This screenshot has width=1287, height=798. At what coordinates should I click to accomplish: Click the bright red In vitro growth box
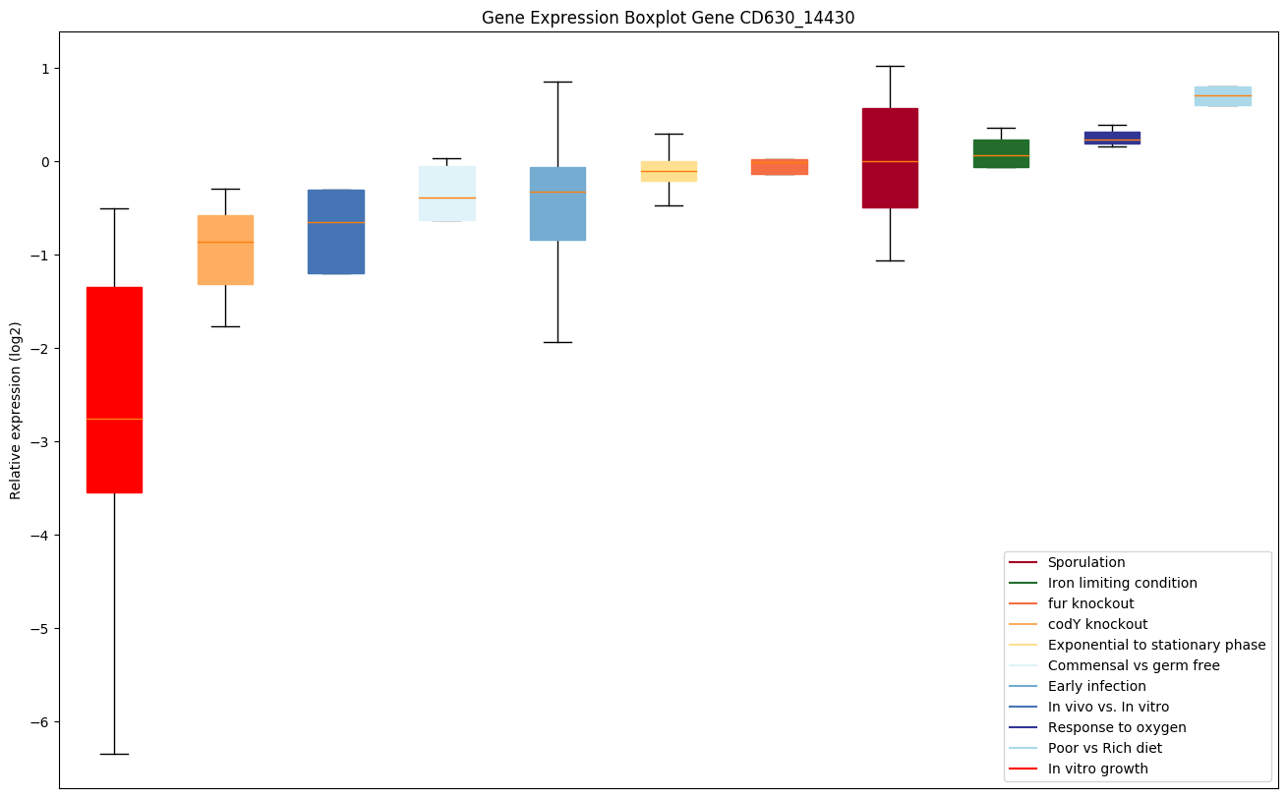(114, 389)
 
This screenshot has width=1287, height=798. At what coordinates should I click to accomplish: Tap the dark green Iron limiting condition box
(1001, 153)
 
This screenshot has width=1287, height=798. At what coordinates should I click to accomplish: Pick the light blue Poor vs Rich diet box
(1222, 95)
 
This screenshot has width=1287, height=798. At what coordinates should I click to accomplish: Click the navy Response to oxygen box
(1112, 138)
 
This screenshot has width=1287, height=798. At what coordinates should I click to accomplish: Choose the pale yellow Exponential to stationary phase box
(669, 171)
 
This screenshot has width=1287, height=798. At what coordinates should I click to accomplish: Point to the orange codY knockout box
(225, 250)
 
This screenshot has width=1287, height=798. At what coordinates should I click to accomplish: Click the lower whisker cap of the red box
(114, 754)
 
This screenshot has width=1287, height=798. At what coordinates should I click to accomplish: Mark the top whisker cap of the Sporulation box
(890, 66)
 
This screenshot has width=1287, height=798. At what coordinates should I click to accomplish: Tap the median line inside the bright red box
(114, 419)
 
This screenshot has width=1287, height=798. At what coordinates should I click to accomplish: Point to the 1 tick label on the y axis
(44, 68)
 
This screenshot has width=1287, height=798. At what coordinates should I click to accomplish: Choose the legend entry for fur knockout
(1090, 603)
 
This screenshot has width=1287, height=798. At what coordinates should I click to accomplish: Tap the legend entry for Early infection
(1096, 686)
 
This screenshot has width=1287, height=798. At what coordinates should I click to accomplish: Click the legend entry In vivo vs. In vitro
(1108, 707)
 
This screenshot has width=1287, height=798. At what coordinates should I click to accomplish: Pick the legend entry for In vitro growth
(1097, 769)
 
